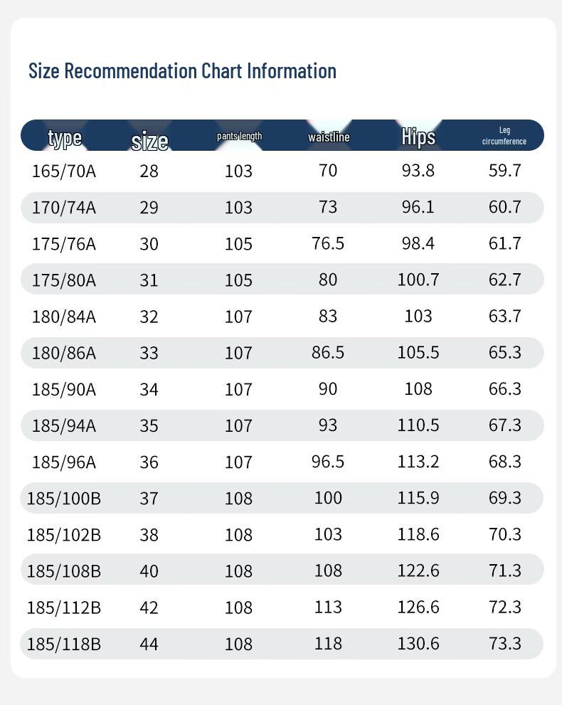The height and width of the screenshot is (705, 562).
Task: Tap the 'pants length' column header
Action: (239, 136)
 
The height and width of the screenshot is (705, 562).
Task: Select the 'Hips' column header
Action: (418, 136)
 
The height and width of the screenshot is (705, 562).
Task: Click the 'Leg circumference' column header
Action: (504, 136)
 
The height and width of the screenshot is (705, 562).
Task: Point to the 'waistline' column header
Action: (329, 137)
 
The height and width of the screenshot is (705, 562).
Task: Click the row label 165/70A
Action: (64, 171)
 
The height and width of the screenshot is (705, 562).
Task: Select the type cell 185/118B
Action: (64, 644)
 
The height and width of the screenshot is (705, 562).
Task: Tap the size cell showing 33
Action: (149, 353)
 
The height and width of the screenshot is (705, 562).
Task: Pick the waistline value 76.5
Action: (328, 243)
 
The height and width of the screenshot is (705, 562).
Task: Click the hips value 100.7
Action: (418, 280)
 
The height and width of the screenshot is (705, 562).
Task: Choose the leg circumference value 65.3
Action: (505, 353)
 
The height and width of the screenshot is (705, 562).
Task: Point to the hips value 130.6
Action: (418, 644)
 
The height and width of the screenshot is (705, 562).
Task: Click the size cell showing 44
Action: (149, 644)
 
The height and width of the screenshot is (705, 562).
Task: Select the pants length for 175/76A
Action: (239, 244)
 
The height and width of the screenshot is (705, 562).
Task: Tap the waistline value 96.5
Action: (328, 462)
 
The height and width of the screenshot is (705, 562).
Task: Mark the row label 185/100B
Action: (64, 498)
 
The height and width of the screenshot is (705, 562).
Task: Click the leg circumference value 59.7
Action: (505, 171)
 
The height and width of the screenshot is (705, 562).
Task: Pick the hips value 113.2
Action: (418, 462)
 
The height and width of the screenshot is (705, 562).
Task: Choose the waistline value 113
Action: (328, 607)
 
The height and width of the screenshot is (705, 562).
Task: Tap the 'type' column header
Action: (65, 137)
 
